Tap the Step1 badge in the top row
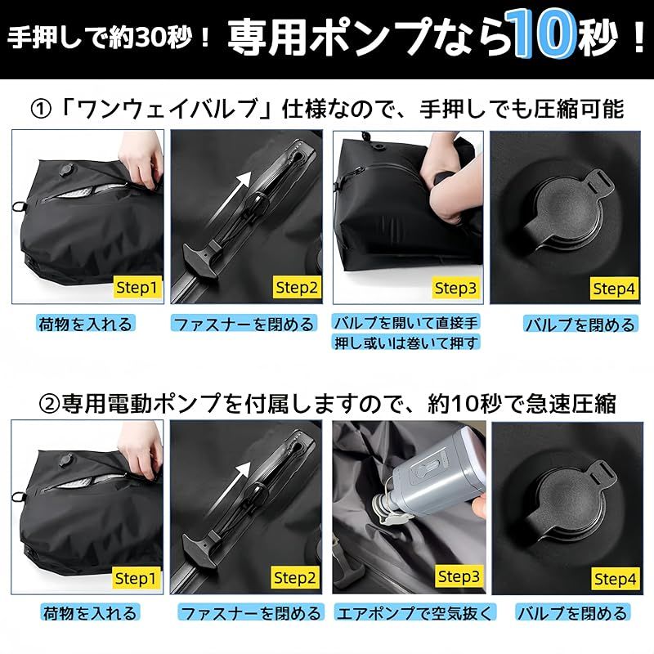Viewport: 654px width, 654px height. click(138, 287)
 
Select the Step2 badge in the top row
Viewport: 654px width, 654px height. click(297, 287)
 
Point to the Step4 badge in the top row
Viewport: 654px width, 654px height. click(615, 288)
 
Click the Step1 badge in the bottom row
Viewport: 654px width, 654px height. click(138, 578)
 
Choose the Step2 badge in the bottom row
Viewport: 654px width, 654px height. click(297, 578)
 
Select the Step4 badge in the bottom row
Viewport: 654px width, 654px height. click(615, 579)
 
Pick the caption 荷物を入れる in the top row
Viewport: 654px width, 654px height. click(85, 324)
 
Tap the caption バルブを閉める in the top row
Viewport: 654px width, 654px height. click(580, 325)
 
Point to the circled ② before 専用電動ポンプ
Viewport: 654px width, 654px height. click(49, 403)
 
